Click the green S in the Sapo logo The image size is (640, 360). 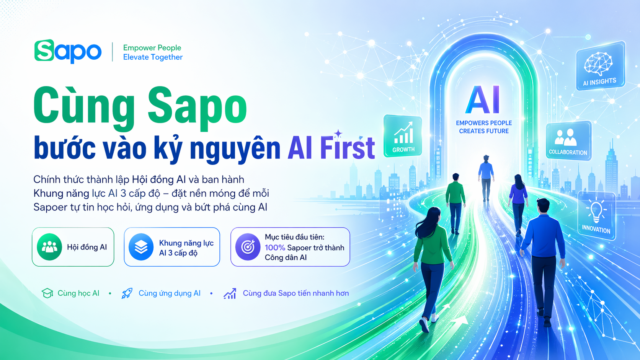click(x=44, y=50)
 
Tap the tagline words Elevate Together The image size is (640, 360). click(x=153, y=57)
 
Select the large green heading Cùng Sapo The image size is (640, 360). click(x=140, y=106)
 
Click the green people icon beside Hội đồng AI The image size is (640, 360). click(x=49, y=247)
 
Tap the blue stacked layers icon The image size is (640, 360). click(x=141, y=247)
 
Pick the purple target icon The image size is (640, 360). click(x=248, y=247)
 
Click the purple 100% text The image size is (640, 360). click(x=275, y=248)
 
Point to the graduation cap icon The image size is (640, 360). click(x=47, y=293)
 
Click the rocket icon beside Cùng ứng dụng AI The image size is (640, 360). click(x=127, y=293)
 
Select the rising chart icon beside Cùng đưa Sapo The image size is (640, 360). click(x=230, y=293)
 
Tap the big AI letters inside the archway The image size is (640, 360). click(x=483, y=100)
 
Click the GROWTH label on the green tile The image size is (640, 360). click(x=403, y=150)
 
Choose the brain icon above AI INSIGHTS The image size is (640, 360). click(x=598, y=64)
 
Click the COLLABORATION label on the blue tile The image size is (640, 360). click(x=568, y=152)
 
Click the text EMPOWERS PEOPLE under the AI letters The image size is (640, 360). click(x=484, y=123)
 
